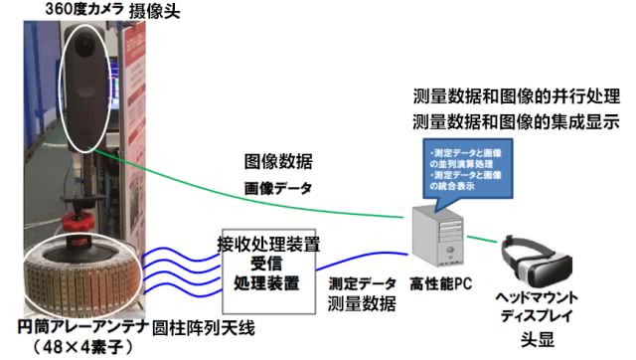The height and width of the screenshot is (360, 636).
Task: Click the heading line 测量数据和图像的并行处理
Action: click(516, 100)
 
